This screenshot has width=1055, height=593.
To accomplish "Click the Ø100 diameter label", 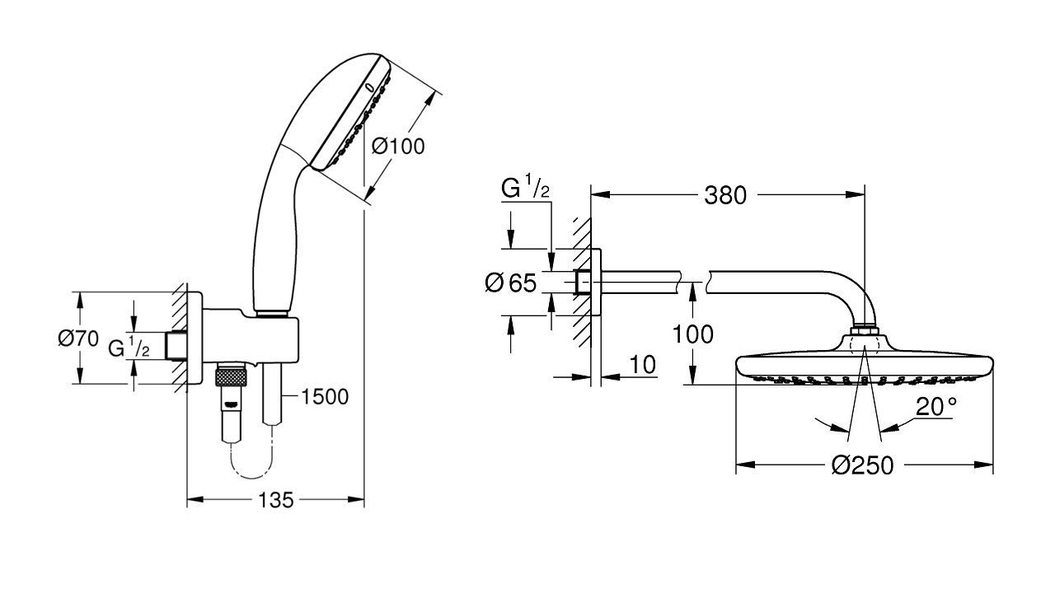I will pos(398,147).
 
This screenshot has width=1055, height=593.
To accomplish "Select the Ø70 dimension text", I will pos(78,338).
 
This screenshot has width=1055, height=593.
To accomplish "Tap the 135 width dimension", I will pos(276,499).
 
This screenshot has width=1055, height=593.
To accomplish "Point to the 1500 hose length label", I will pos(325,396).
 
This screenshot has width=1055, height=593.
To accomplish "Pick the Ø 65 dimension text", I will pos(511,283).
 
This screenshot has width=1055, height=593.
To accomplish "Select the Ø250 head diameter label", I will pos(862,465).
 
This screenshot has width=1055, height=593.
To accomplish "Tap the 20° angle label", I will pos(937,406).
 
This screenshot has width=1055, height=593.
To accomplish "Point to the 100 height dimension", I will pos(692,334).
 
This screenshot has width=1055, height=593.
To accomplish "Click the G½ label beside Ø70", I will pos(130,347).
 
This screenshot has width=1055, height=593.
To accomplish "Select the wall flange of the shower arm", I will pos(597,282).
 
